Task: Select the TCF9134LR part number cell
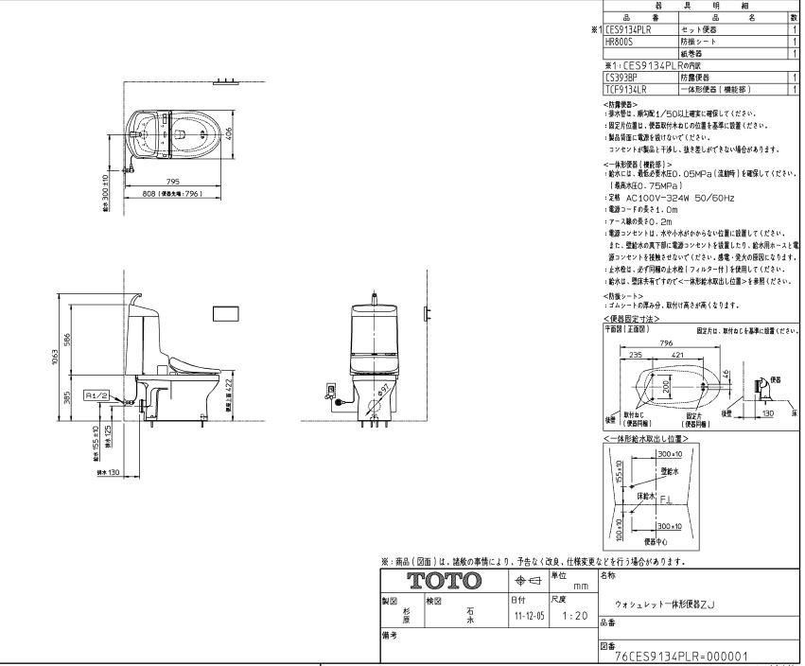coord(625,87)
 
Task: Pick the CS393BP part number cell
coord(621,78)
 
